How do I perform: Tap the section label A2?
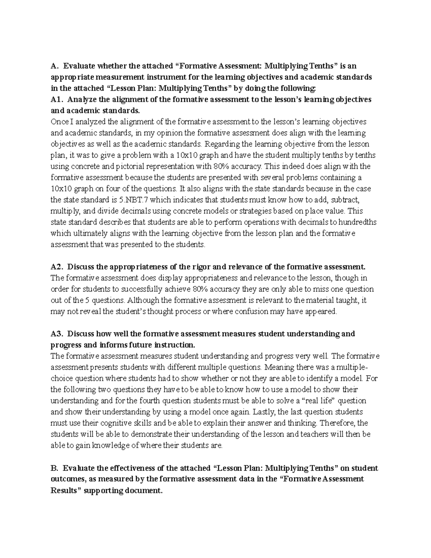coord(57,267)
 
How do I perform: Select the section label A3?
coord(57,334)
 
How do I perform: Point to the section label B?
coord(55,468)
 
